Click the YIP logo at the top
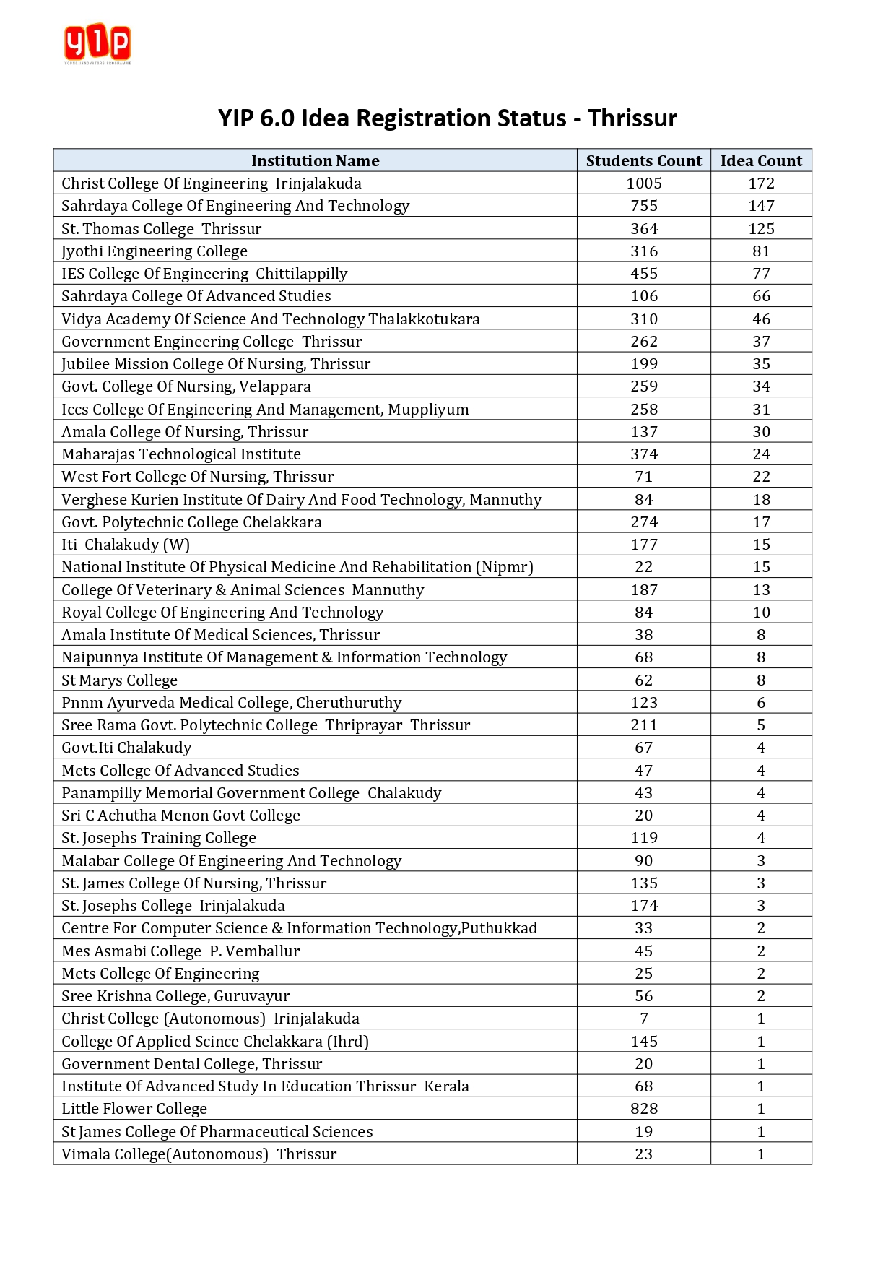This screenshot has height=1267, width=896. point(97,43)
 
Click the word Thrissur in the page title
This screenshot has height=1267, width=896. point(632,118)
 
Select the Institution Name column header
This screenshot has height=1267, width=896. point(315,161)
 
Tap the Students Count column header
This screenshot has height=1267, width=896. point(643,161)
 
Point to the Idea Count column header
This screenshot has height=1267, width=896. point(761,161)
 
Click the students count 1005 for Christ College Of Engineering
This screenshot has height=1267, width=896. point(644,183)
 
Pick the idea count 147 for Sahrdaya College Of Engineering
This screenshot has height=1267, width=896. point(761,206)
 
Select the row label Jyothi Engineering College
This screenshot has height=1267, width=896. point(155,251)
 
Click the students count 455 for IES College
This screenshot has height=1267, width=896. point(644,274)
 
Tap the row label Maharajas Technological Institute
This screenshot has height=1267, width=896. point(181,454)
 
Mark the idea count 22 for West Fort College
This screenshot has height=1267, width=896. point(761,477)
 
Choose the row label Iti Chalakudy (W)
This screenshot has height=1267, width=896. point(126,545)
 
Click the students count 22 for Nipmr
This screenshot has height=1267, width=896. point(644,567)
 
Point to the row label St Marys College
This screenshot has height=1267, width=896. point(119,680)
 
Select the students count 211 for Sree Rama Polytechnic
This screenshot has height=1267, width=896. point(644,725)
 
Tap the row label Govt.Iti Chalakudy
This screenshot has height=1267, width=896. point(126,748)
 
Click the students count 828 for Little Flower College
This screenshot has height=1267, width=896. point(644,1109)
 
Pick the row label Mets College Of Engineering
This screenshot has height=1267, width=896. point(160,974)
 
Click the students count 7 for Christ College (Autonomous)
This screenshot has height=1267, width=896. point(644,1019)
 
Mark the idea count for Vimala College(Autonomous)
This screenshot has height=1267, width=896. point(761,1154)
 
